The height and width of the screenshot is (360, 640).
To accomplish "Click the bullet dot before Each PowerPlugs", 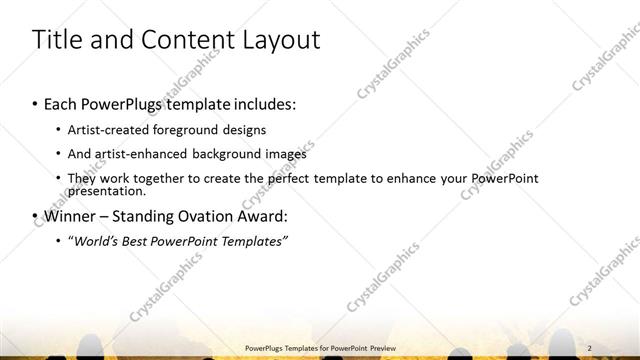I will click(36, 104).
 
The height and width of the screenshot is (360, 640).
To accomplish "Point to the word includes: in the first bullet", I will click(264, 104).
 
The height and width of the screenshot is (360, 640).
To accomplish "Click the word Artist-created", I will click(105, 130).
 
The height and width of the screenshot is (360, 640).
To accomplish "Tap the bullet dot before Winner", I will click(36, 216).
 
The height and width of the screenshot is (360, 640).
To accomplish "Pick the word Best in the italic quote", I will click(132, 241).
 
